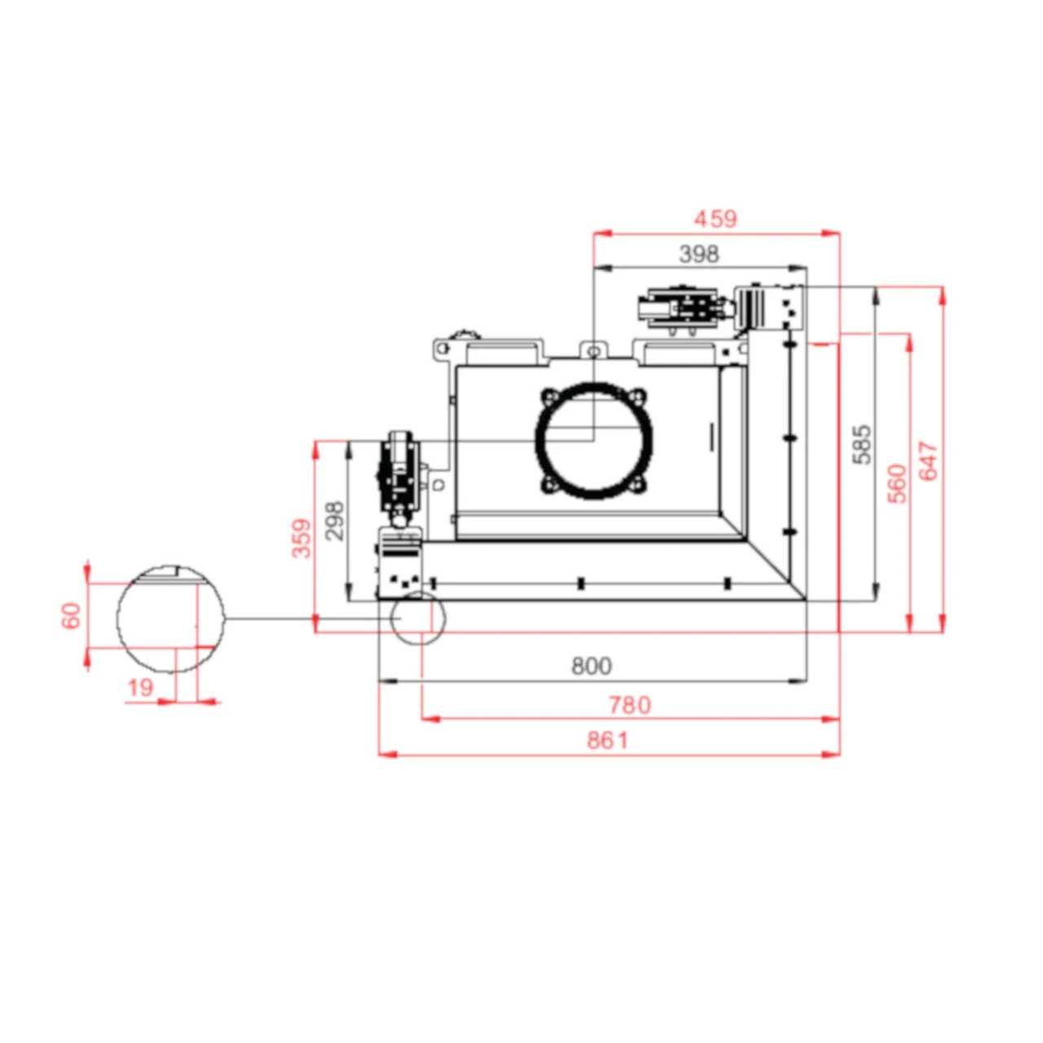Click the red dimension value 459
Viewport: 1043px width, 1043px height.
pyautogui.click(x=715, y=219)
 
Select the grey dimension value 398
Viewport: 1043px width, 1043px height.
pyautogui.click(x=699, y=254)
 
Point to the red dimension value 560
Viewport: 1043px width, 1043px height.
pyautogui.click(x=897, y=483)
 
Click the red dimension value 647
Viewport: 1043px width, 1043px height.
pyautogui.click(x=929, y=460)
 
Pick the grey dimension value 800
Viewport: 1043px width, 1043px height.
pyautogui.click(x=592, y=667)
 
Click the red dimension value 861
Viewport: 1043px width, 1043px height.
pyautogui.click(x=608, y=741)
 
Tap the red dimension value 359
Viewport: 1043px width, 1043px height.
pyautogui.click(x=302, y=538)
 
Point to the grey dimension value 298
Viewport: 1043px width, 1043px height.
pyautogui.click(x=334, y=521)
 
